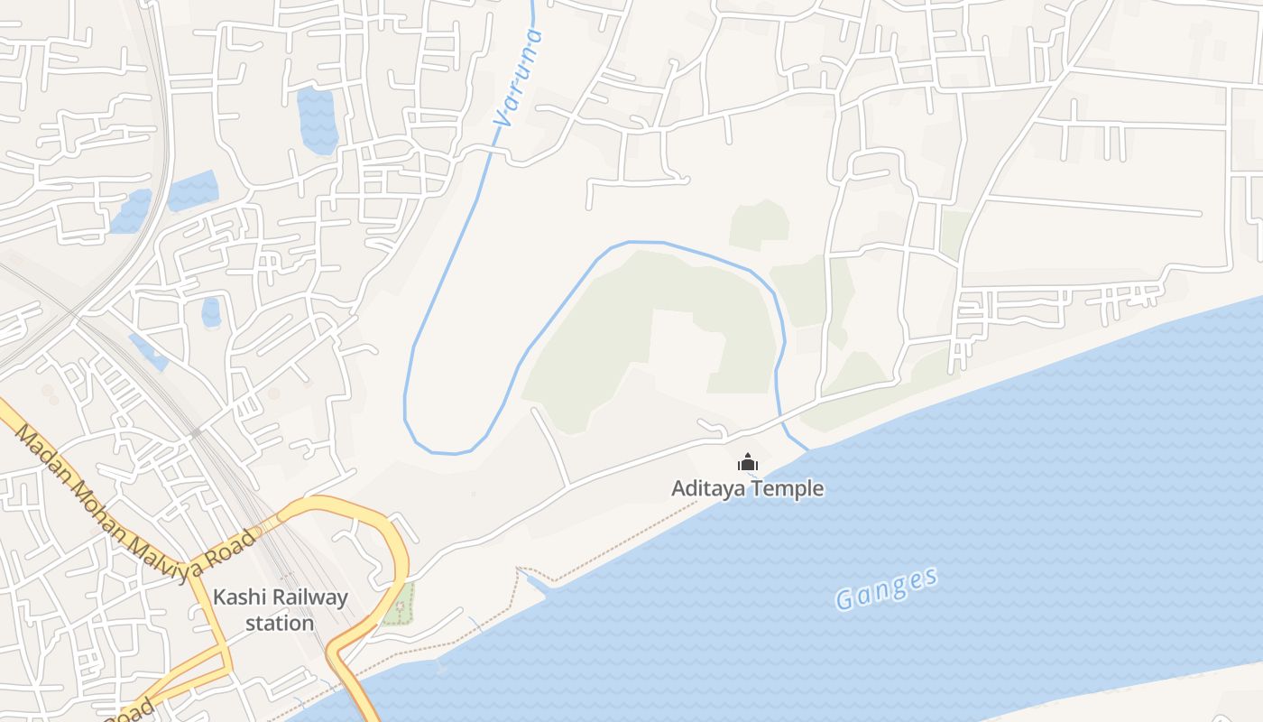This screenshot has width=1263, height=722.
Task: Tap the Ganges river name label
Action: point(887,588)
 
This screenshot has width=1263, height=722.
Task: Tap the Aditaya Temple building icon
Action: point(748,463)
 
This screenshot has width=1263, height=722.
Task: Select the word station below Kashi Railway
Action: point(280,623)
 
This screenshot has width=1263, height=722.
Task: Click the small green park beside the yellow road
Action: point(398,604)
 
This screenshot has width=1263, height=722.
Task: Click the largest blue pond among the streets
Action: point(318,120)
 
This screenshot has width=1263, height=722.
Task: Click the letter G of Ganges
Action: point(845,600)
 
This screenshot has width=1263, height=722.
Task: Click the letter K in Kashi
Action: point(219,597)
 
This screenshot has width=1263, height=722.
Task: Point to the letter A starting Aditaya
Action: point(678,489)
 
